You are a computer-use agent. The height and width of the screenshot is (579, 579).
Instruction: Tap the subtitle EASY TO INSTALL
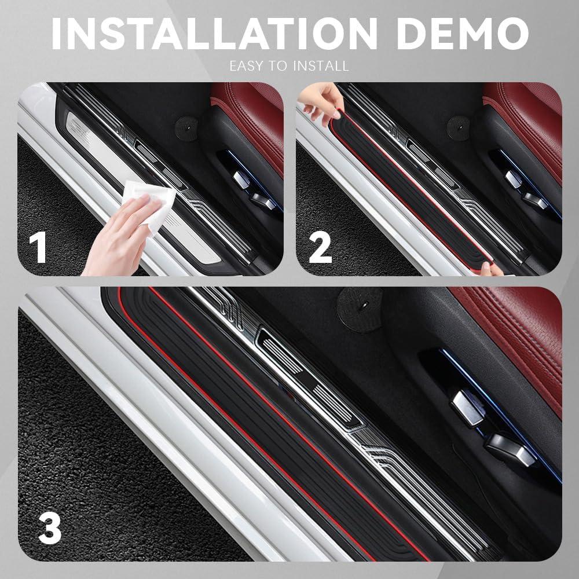pos(289,65)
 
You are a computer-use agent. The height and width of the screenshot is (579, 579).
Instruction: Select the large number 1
pos(38,247)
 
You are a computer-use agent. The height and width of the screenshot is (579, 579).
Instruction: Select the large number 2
pos(320,247)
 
